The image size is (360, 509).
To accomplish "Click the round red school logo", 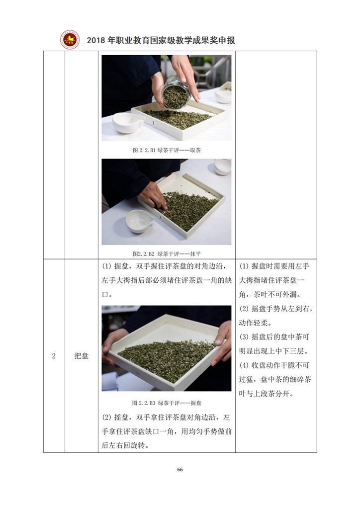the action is (70, 40).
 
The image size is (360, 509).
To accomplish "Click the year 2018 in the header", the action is (96, 40).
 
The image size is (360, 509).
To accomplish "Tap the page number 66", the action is (180, 469).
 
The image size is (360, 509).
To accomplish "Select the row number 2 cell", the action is (54, 356).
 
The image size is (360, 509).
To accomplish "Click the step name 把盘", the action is (81, 356).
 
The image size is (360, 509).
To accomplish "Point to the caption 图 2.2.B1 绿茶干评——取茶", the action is (167, 150).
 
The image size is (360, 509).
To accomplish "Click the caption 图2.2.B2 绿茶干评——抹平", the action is (167, 254).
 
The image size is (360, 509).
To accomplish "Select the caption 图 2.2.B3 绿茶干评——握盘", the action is (167, 403).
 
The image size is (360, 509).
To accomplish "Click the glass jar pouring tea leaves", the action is (176, 92).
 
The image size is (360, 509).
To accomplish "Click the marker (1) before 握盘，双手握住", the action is (106, 266).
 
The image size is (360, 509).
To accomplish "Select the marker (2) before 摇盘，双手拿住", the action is (106, 417).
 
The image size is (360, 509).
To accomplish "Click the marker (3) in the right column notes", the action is (244, 337).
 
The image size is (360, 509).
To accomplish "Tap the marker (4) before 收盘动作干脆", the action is (244, 365).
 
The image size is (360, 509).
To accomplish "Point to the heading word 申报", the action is (228, 40).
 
